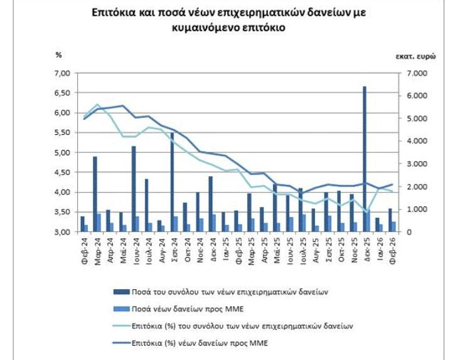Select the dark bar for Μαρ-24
pos(95,194)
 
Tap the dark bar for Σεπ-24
pos(172,182)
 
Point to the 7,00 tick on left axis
pos(65,73)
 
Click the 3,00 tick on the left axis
pos(65,232)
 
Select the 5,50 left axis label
pos(65,133)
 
